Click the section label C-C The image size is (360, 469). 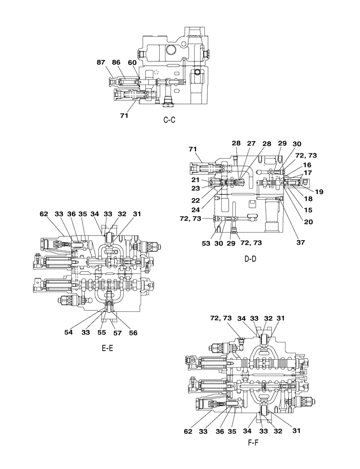click(169, 120)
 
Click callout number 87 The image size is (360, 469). click(102, 62)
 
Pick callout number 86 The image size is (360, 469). click(116, 62)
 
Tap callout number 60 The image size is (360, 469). click(132, 62)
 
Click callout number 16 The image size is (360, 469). click(307, 165)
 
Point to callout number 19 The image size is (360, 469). click(319, 191)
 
